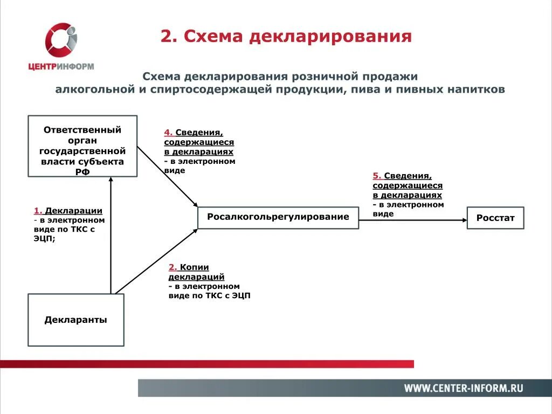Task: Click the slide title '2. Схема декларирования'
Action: click(286, 37)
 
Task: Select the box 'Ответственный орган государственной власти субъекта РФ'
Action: click(82, 146)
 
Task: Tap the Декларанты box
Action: click(76, 320)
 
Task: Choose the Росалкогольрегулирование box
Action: click(278, 217)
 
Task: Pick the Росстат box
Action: click(495, 218)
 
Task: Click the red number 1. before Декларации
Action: click(38, 211)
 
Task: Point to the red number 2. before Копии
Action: click(172, 267)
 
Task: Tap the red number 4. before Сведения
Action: click(168, 133)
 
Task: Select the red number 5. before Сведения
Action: click(377, 176)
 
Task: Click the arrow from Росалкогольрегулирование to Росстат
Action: click(412, 220)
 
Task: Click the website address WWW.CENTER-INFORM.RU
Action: click(464, 388)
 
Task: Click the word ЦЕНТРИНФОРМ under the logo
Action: click(61, 67)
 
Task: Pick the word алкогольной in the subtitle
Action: click(94, 89)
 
